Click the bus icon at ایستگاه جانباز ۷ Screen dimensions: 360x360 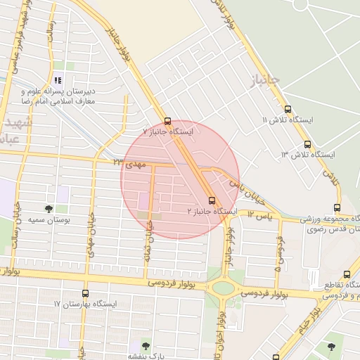click(167, 120)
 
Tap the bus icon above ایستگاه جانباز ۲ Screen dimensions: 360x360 click(212, 200)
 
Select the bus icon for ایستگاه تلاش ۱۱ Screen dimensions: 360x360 click(288, 109)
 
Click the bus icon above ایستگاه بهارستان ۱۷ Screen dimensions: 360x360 click(85, 293)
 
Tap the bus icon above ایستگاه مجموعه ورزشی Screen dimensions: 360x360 click(337, 208)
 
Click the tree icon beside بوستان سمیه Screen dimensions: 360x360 click(49, 209)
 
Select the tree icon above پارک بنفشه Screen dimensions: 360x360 click(146, 345)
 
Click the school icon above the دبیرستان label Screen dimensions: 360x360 click(57, 80)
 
